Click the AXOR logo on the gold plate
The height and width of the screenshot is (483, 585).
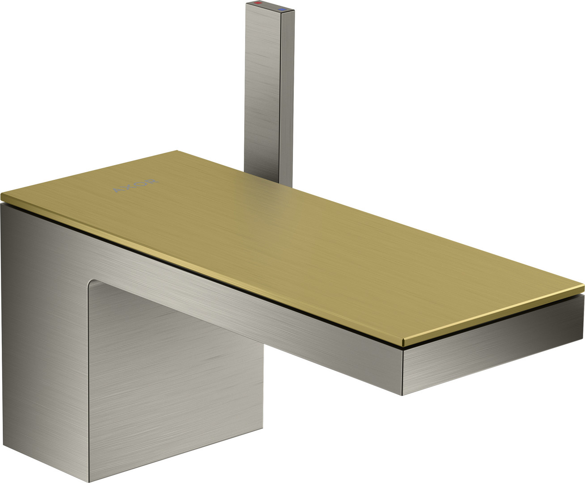[x=136, y=186]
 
